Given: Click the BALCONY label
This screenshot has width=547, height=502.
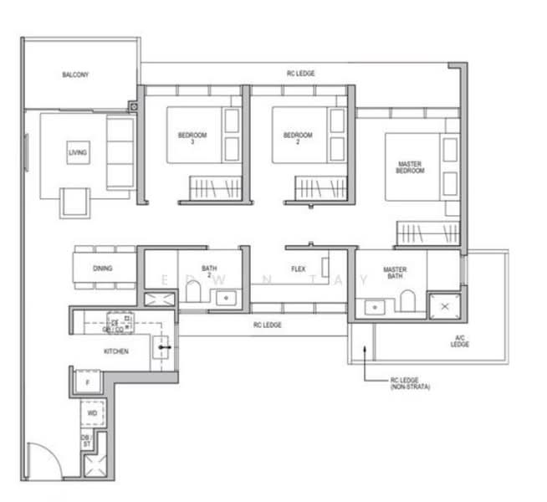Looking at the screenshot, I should (75, 75).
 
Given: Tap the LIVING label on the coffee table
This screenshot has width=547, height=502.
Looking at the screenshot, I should (78, 153).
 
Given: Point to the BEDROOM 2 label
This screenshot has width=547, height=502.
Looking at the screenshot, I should (298, 136).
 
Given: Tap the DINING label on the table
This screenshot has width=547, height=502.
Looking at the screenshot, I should (102, 269).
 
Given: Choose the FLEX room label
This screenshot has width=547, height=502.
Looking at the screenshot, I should (298, 269).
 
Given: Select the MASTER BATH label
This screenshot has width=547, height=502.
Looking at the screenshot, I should (395, 273).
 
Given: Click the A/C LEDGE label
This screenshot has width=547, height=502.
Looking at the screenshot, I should (459, 341).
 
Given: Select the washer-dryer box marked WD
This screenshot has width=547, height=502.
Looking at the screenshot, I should (93, 413).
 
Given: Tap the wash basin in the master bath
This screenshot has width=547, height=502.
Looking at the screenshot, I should (373, 306).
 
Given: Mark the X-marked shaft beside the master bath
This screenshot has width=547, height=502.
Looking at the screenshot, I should (443, 307).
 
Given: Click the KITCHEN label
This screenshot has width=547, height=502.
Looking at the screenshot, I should (116, 351).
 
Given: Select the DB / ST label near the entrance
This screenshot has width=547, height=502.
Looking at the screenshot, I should (86, 440).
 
